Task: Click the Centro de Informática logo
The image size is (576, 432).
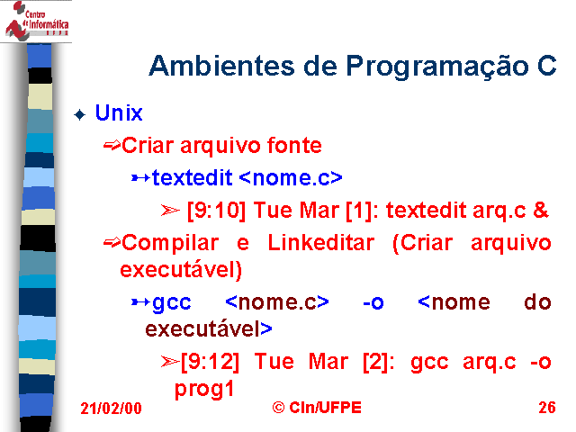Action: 36,21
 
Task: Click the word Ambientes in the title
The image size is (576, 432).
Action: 222,66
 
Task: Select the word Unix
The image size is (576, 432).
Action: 119,112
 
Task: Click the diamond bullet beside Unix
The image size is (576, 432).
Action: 80,114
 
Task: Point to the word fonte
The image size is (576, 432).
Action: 294,145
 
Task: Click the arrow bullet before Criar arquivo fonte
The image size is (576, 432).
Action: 112,146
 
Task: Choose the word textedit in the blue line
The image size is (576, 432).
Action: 192,177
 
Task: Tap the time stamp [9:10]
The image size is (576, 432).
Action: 216,211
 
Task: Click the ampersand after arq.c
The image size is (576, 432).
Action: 540,210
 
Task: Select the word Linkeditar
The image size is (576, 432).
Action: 321,242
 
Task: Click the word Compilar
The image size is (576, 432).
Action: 170,244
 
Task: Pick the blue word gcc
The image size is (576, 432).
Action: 172,303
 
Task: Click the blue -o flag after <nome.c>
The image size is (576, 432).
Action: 373,302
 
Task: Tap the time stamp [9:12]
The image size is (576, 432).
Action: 210,362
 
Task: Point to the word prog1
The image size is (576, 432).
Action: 204,389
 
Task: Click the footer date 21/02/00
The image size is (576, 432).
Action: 111,409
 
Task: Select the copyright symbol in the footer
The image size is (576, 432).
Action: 278,408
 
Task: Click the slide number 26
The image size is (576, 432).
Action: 547,408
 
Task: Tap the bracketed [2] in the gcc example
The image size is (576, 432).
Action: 375,362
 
